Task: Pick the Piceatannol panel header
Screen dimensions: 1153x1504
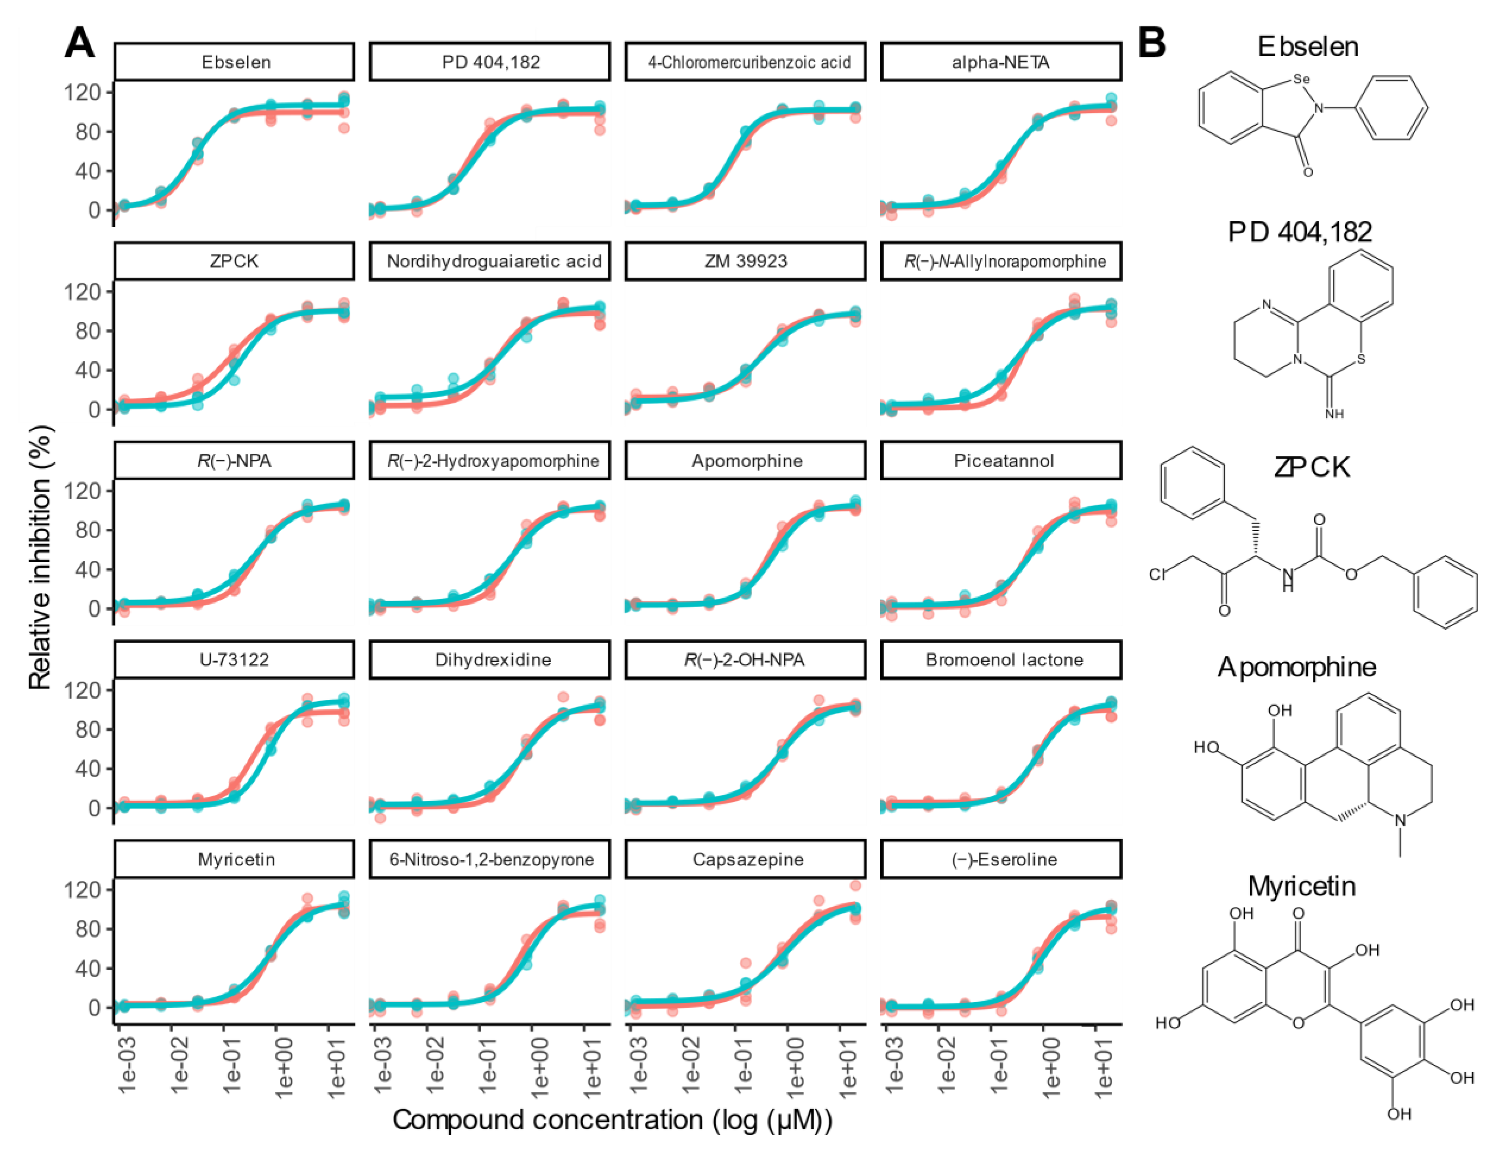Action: (1003, 460)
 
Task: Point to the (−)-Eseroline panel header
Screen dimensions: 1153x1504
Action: (1003, 859)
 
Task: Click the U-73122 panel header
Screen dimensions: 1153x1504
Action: (234, 659)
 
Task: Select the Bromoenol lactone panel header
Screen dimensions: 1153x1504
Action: (1003, 659)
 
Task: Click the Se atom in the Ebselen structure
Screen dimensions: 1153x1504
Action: (1301, 79)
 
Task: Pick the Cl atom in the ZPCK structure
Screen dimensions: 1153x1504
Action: (1158, 574)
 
